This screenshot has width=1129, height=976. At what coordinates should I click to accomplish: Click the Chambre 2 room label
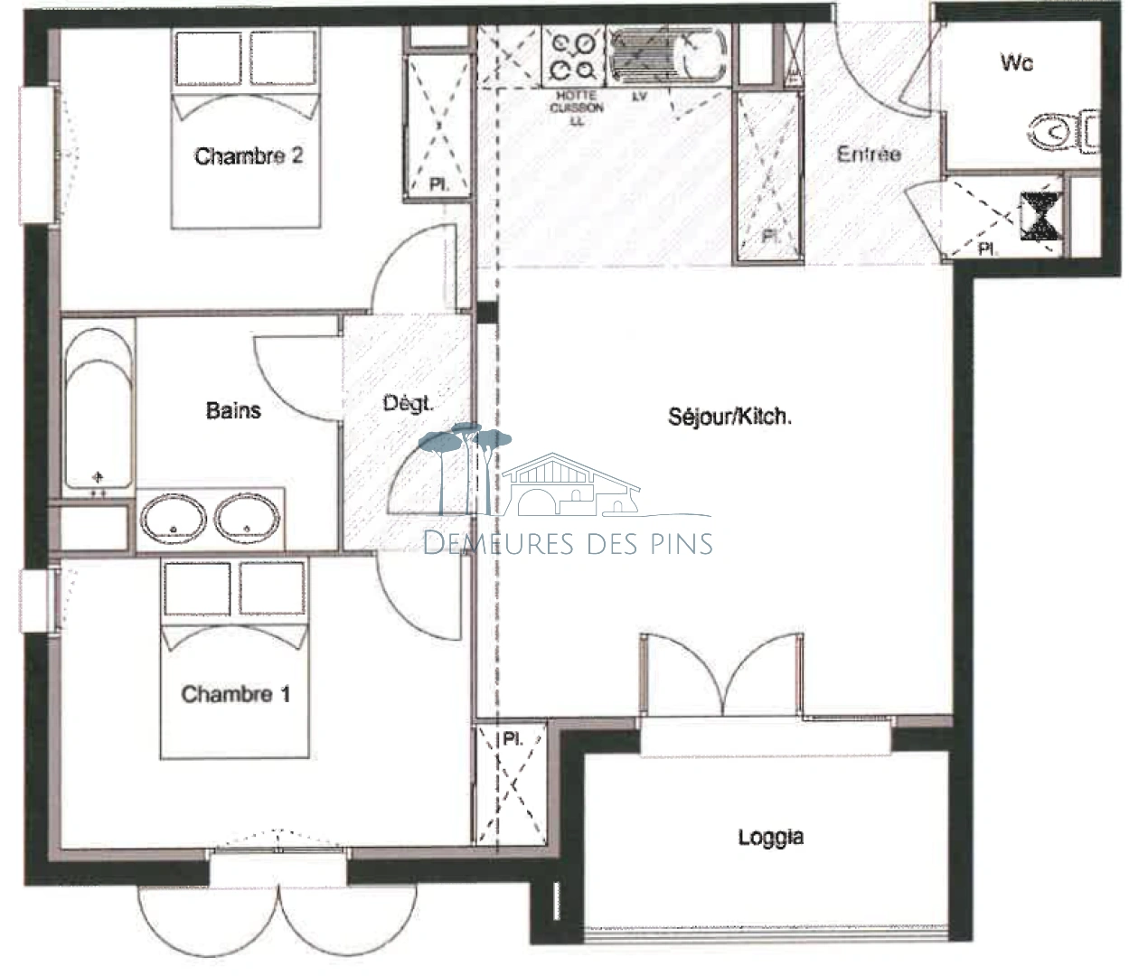249,156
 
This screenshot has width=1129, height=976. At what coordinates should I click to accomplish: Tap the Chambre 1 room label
235,694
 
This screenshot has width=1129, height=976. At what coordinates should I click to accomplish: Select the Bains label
233,411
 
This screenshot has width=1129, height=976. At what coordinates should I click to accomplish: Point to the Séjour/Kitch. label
729,417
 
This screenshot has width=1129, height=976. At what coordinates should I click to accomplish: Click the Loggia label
770,837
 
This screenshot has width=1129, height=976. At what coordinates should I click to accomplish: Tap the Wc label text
1016,62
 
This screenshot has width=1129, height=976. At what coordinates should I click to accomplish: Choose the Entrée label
868,155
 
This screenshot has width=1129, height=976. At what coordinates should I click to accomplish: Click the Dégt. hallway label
408,404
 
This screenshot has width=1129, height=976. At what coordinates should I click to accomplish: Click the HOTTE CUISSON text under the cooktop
576,102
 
